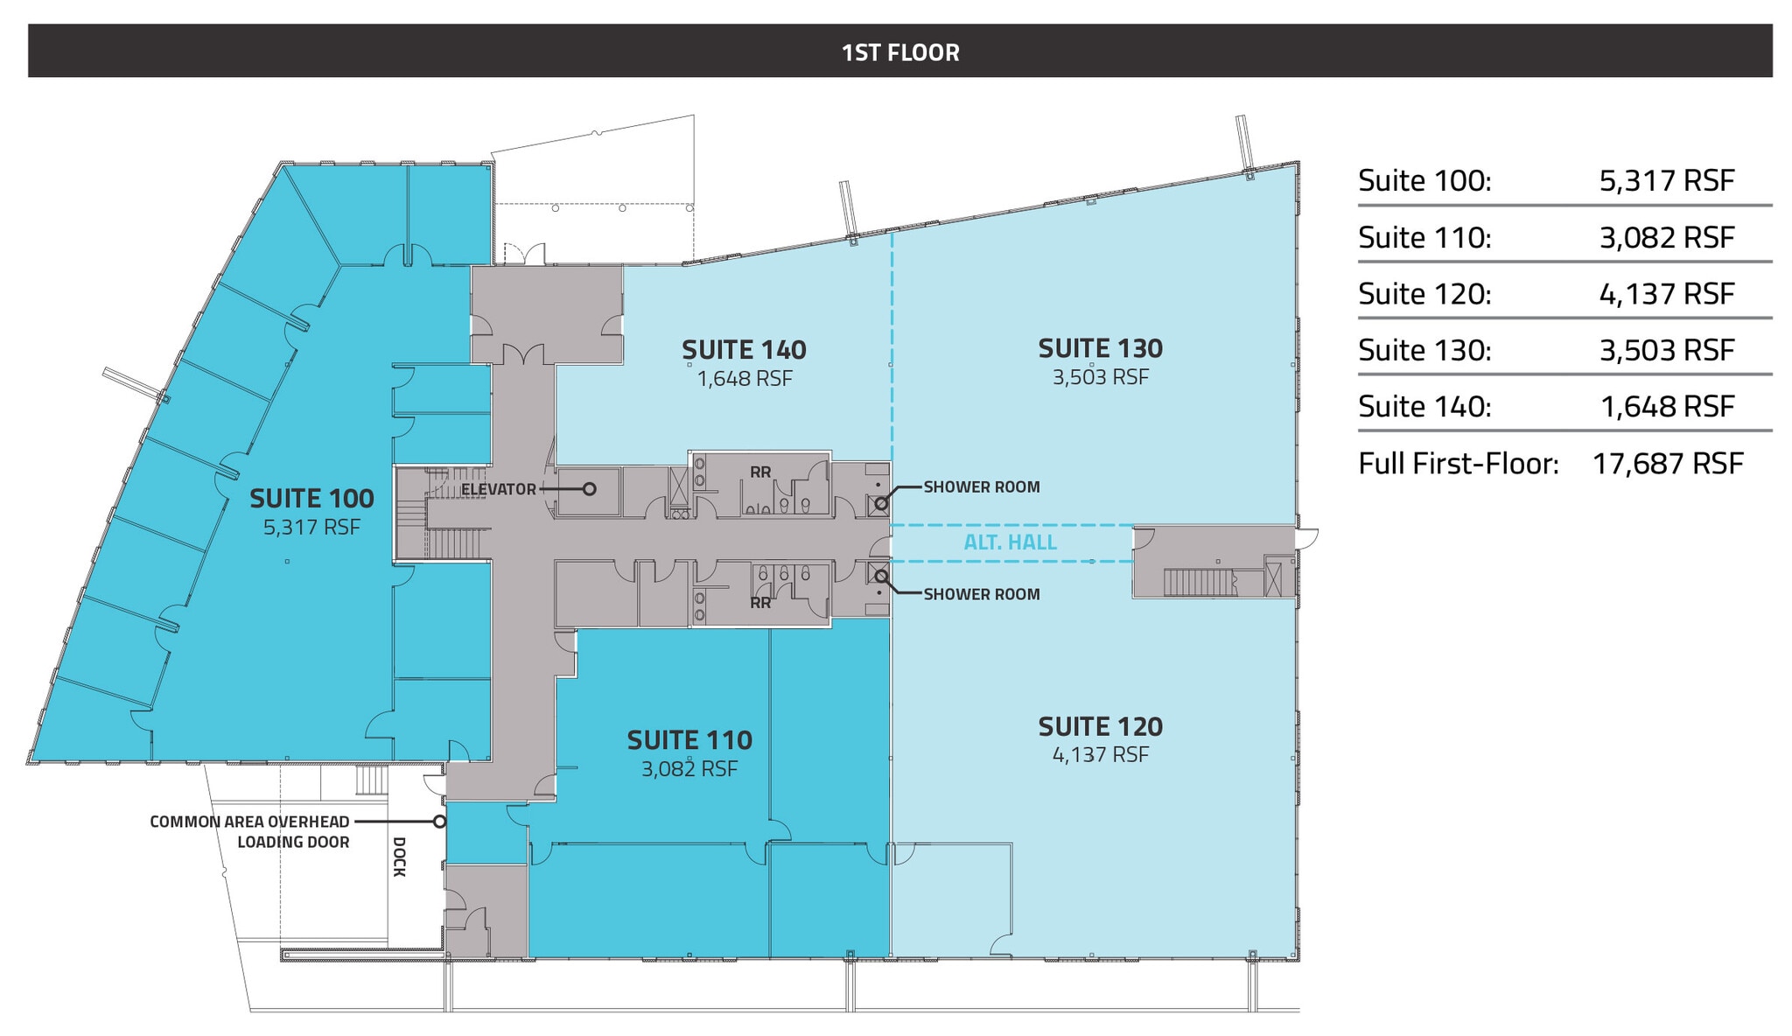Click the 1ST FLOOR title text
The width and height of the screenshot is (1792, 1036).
(x=899, y=52)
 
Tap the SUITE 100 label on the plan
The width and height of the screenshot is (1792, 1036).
(x=311, y=499)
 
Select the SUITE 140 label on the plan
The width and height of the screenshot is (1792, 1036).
(x=744, y=350)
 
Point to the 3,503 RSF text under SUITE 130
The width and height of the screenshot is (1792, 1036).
(x=1100, y=377)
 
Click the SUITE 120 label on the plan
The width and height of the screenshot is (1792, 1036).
(x=1100, y=726)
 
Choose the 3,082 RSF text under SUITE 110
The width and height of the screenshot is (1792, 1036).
(x=689, y=768)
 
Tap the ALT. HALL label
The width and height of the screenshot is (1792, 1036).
(x=1010, y=542)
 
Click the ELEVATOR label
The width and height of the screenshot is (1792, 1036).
(x=498, y=489)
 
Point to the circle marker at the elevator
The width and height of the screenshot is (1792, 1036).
(x=590, y=489)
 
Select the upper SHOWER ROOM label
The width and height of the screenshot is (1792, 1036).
(x=982, y=487)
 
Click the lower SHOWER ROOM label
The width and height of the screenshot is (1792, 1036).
(x=982, y=594)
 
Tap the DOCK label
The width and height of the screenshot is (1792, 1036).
(x=399, y=857)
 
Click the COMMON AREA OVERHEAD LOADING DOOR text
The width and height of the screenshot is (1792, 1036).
(x=249, y=832)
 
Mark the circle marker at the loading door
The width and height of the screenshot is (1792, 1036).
(x=439, y=822)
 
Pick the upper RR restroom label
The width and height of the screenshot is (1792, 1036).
(x=760, y=472)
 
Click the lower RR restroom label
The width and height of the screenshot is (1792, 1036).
(x=760, y=603)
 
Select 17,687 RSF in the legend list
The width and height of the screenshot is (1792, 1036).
(x=1667, y=463)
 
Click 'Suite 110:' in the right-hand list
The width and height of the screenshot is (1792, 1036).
(x=1424, y=237)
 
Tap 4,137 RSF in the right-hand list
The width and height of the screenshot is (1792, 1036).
(x=1666, y=294)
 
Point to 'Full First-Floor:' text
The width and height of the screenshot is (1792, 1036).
(x=1458, y=463)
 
